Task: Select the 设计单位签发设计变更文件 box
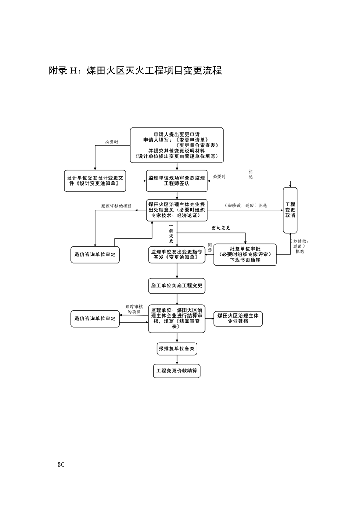pyautogui.click(x=95, y=180)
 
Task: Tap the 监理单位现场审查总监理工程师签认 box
pyautogui.click(x=177, y=181)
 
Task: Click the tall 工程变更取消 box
pyautogui.click(x=290, y=210)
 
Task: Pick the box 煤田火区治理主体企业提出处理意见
pyautogui.click(x=177, y=210)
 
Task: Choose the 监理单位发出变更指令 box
pyautogui.click(x=177, y=254)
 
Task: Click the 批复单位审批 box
pyautogui.click(x=245, y=254)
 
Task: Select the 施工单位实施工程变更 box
pyautogui.click(x=177, y=286)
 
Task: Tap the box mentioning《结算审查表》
pyautogui.click(x=177, y=319)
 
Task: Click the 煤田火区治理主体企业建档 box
pyautogui.click(x=238, y=318)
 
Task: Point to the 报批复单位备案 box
pyautogui.click(x=177, y=349)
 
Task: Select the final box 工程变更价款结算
pyautogui.click(x=177, y=371)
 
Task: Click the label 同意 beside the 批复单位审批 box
pyautogui.click(x=209, y=247)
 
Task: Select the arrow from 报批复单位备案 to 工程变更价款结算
pyautogui.click(x=177, y=359)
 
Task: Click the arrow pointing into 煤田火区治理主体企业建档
pyautogui.click(x=209, y=318)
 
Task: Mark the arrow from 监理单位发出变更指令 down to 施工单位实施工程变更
pyautogui.click(x=177, y=271)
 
